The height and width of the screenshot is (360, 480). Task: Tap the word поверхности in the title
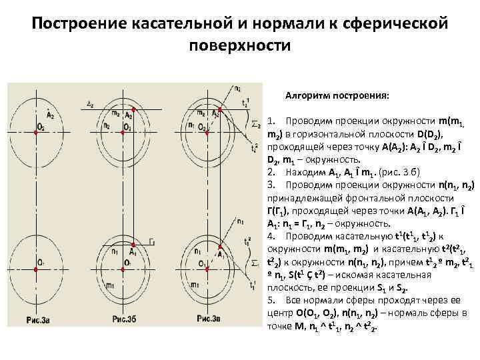pos(240,47)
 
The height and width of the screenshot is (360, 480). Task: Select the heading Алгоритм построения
pos(337,95)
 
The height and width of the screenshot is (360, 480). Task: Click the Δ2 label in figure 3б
pos(91,104)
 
